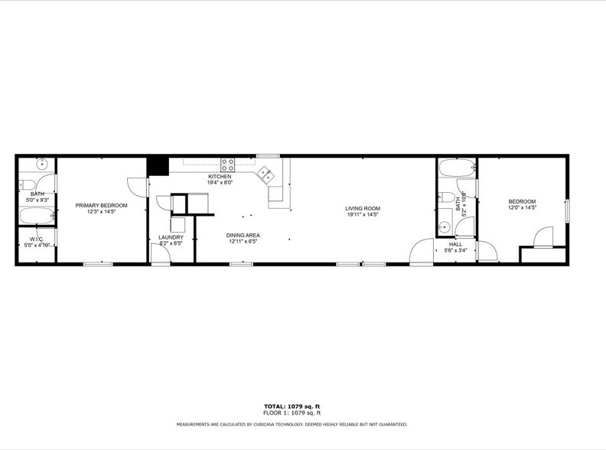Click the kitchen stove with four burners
point(228,165)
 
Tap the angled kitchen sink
point(267,175)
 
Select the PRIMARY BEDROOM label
point(101,205)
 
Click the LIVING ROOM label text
point(362,208)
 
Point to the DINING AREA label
point(242,235)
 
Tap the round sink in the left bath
point(41,164)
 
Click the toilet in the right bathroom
point(446,197)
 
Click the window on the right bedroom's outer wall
point(567,210)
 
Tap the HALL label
point(455,243)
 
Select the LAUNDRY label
point(171,237)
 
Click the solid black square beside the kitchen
point(158,165)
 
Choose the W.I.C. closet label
point(36,239)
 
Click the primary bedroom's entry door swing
point(135,186)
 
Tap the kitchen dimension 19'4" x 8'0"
point(220,183)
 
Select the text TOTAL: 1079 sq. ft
point(292,406)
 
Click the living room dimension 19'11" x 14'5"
point(362,214)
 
